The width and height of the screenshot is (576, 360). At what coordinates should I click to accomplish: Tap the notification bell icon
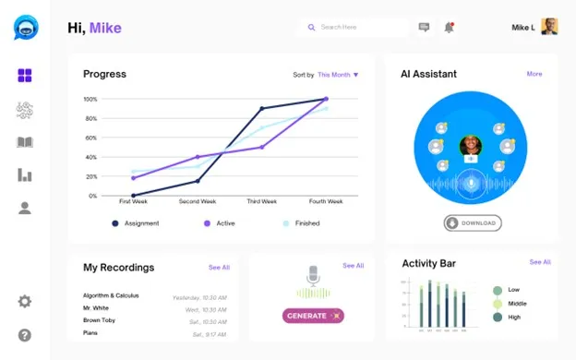449,28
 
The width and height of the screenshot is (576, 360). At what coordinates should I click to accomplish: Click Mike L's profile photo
549,27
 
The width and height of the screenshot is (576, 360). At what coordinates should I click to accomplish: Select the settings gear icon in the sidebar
25,301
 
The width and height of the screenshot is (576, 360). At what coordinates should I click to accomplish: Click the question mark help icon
25,334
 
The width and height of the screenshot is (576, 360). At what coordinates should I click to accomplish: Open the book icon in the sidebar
25,142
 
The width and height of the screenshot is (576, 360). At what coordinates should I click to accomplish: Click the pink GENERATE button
312,316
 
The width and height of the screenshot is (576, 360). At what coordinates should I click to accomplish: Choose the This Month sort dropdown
338,75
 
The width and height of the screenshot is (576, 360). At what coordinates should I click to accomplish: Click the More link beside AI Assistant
534,74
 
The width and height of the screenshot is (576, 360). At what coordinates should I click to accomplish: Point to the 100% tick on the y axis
90,99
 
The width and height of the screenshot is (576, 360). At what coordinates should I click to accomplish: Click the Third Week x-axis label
262,201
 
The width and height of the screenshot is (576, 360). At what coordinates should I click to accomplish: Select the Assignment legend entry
139,223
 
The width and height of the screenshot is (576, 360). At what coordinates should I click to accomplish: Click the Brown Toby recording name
100,319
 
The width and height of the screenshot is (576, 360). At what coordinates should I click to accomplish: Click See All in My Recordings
219,267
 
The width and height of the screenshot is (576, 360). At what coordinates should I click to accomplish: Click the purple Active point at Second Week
198,157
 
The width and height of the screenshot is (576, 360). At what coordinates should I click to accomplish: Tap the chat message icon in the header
424,28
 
